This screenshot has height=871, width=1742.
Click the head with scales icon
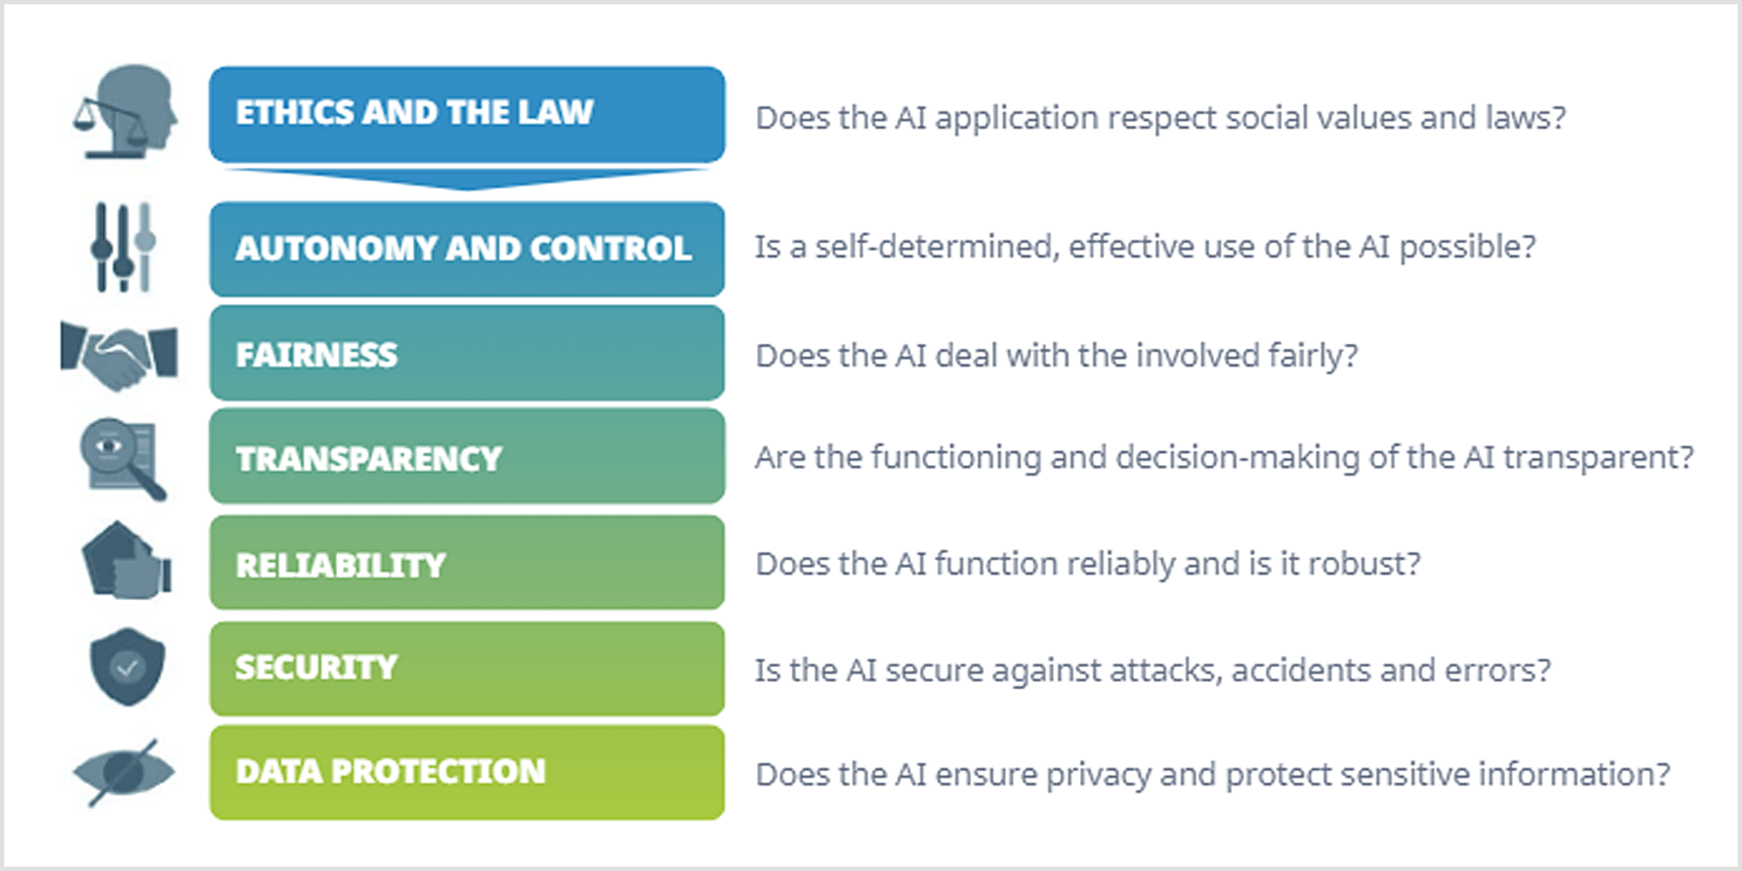(x=126, y=111)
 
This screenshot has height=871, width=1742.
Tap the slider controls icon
(x=123, y=247)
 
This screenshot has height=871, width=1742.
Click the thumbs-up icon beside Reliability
(x=127, y=561)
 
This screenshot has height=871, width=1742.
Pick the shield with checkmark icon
(x=127, y=666)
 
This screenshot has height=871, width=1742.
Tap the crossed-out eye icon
(x=124, y=773)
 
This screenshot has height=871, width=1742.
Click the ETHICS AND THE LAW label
(x=414, y=112)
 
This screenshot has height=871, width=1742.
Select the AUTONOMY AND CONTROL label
(x=463, y=248)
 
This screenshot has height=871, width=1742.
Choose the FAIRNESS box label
(x=316, y=355)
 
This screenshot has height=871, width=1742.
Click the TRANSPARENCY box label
(x=368, y=459)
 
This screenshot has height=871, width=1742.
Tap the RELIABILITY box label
(x=341, y=565)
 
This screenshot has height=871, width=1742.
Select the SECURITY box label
(x=316, y=668)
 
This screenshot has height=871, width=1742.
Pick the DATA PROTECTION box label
(x=390, y=772)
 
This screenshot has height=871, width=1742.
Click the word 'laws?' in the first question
(x=1525, y=118)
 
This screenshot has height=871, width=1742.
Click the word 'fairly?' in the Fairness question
(x=1313, y=356)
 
